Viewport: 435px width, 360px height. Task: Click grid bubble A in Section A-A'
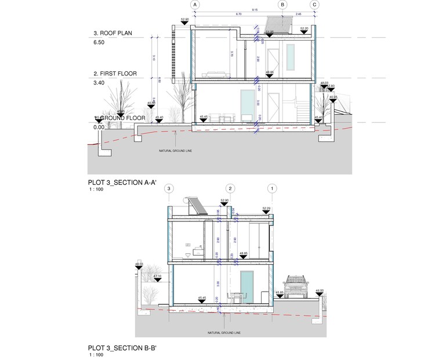pos(195,5)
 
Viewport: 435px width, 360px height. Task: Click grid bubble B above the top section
pos(282,5)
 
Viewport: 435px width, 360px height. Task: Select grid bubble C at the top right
pos(314,5)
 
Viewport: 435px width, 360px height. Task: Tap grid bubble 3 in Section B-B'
pos(169,188)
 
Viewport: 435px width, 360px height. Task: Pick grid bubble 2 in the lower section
pos(230,188)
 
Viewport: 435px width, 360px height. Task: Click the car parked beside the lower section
pos(296,288)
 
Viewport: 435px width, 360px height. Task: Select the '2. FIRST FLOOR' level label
pos(115,74)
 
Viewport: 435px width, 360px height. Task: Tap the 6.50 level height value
pos(99,42)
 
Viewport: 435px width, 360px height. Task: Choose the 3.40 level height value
pos(99,83)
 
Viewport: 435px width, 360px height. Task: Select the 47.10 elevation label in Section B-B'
pos(157,276)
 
